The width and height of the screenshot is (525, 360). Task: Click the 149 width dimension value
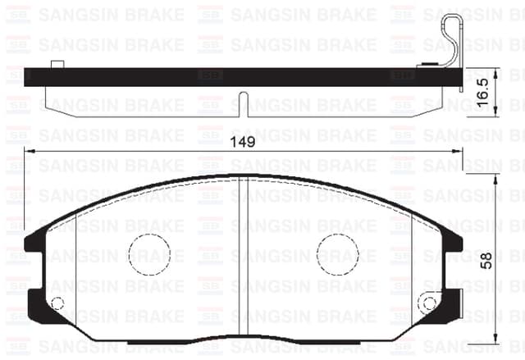242,141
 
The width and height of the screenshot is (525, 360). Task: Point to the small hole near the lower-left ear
57,304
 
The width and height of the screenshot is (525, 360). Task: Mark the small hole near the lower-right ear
429,304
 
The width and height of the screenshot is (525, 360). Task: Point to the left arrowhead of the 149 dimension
29,151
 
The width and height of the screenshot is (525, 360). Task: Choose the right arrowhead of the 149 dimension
459,151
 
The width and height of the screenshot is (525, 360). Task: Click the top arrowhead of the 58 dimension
497,178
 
